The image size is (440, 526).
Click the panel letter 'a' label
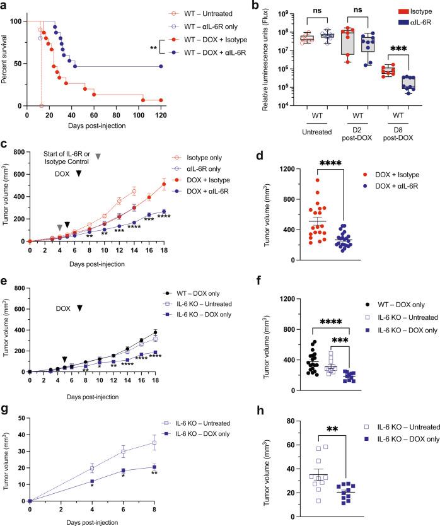[4, 6]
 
